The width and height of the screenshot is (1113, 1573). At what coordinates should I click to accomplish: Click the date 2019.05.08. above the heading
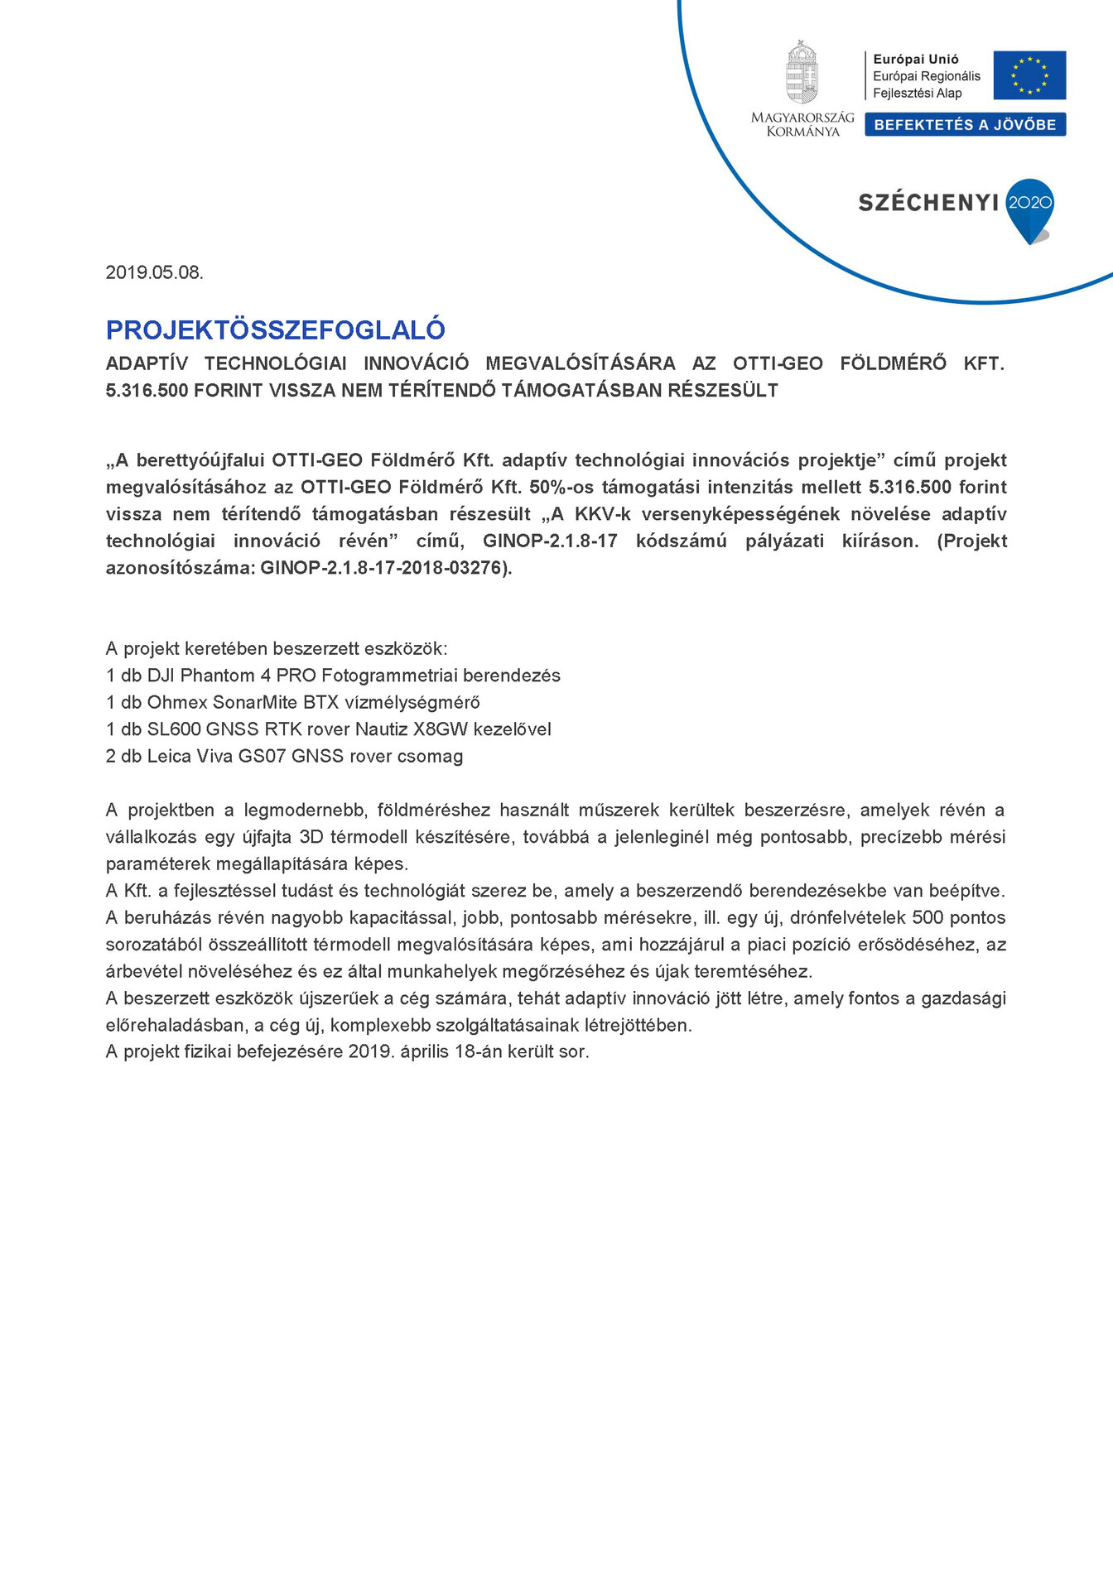[154, 272]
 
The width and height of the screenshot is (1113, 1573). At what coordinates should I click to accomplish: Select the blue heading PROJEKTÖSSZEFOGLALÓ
[275, 330]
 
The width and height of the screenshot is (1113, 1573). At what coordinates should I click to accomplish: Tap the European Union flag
[1029, 75]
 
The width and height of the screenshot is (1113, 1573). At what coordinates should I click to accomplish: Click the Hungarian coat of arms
[801, 73]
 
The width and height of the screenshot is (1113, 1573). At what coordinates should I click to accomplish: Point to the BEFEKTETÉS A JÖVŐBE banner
[965, 125]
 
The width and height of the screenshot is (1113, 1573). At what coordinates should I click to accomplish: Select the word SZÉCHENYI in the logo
[928, 203]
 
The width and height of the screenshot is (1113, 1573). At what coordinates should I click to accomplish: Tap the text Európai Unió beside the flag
[915, 60]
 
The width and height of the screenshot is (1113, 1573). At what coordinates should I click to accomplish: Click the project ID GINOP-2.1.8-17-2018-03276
[383, 568]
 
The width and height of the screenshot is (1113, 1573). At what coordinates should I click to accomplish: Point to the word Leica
[168, 757]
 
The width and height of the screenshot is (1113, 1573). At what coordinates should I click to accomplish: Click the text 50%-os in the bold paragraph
[561, 487]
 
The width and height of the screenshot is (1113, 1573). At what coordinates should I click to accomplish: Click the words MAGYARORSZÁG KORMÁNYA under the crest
[802, 124]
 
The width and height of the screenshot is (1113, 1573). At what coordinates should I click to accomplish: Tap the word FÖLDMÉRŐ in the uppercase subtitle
[893, 363]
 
